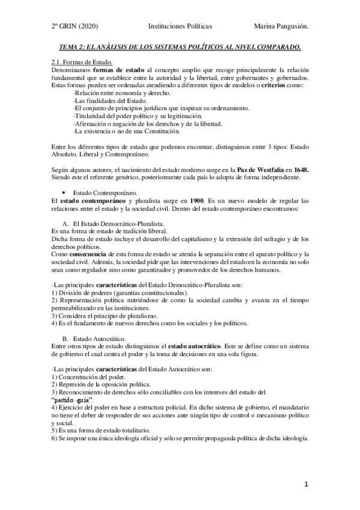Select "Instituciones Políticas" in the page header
tap(180, 26)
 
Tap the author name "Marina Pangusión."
tap(282, 26)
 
